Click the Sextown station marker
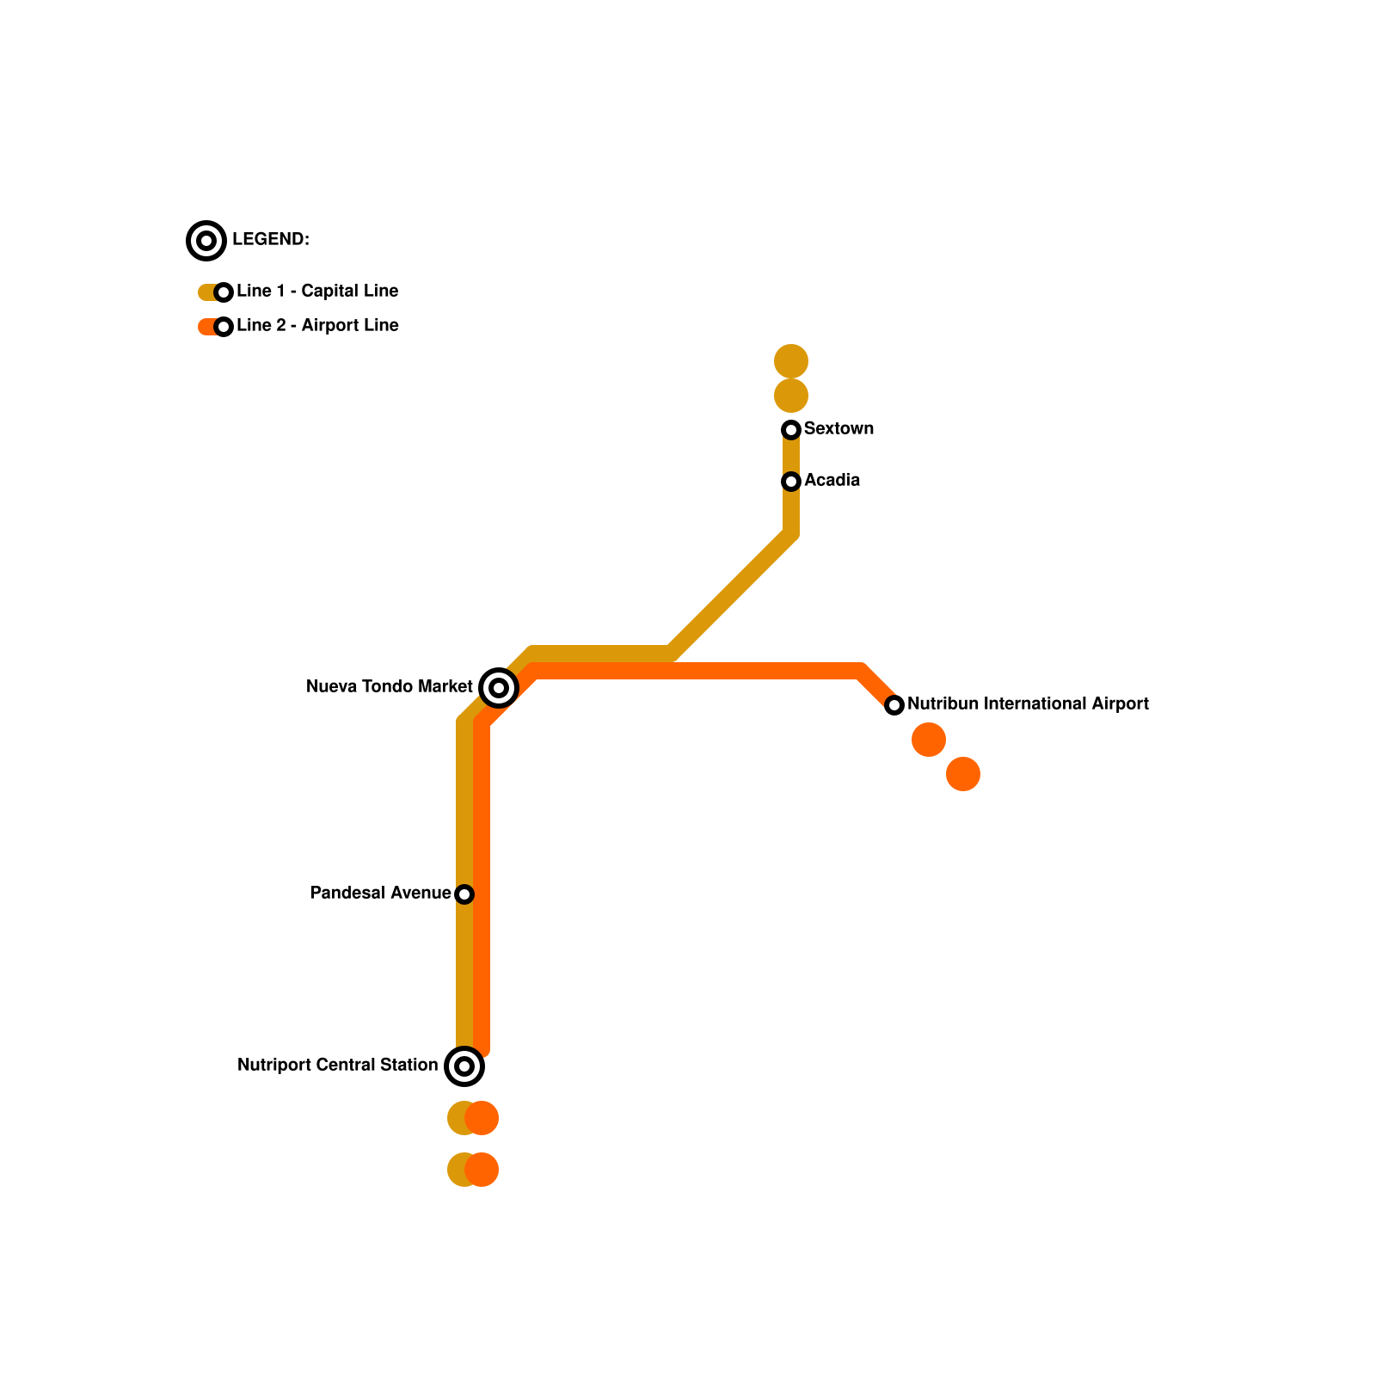pos(791,429)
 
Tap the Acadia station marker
pos(791,481)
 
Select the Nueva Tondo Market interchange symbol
pos(499,687)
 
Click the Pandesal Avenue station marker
pos(464,894)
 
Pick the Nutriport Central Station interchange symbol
pos(464,1066)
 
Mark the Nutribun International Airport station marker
pos(894,705)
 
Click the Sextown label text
pos(838,428)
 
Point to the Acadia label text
pos(832,480)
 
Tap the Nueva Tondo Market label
pos(389,686)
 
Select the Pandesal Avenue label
pos(380,893)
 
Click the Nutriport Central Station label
pos(337,1065)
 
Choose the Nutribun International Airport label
pos(1028,703)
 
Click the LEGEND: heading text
pos(270,239)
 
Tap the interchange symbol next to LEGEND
pos(206,241)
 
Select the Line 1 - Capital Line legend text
pos(316,291)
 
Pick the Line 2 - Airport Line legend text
pos(316,325)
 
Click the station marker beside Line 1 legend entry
pos(224,292)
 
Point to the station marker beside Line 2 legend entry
pos(224,327)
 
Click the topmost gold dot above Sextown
pos(791,361)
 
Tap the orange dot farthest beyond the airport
pos(963,774)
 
